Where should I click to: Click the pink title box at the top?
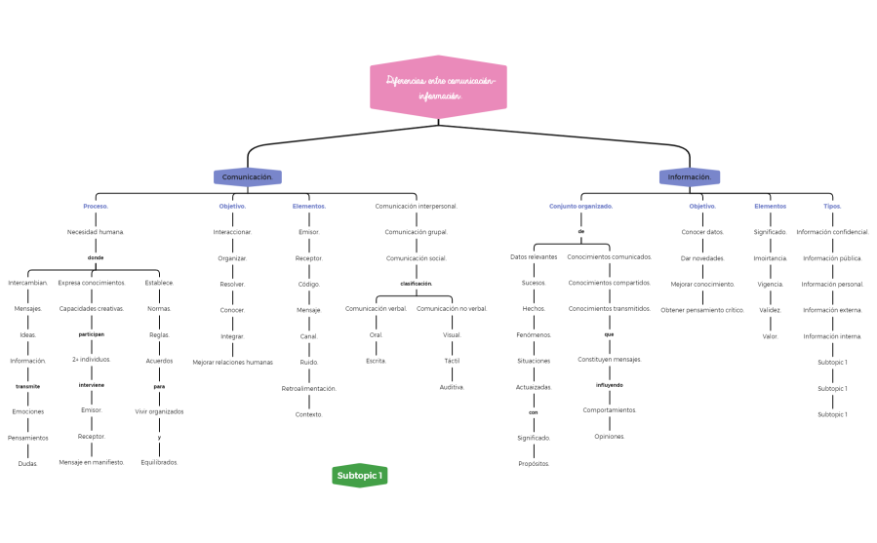[x=438, y=87]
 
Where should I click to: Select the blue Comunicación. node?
[x=248, y=177]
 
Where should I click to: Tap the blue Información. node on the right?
[x=690, y=177]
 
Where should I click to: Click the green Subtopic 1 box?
[x=359, y=476]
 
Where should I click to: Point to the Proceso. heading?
[x=96, y=207]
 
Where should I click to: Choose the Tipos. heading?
[x=832, y=207]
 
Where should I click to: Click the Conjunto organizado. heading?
[x=581, y=207]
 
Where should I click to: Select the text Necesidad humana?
[x=96, y=232]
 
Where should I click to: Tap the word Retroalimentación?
[x=309, y=388]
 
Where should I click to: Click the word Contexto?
[x=309, y=414]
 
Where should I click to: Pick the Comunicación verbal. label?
[x=377, y=309]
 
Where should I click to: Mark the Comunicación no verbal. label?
[x=452, y=309]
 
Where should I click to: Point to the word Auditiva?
[x=452, y=387]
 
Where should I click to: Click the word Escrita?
[x=377, y=361]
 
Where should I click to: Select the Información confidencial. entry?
[x=832, y=232]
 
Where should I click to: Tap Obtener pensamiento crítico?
[x=702, y=310]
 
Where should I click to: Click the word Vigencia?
[x=771, y=284]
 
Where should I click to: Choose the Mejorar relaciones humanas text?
[x=232, y=362]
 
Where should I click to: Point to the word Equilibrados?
[x=159, y=462]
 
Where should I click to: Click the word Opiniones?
[x=610, y=436]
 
